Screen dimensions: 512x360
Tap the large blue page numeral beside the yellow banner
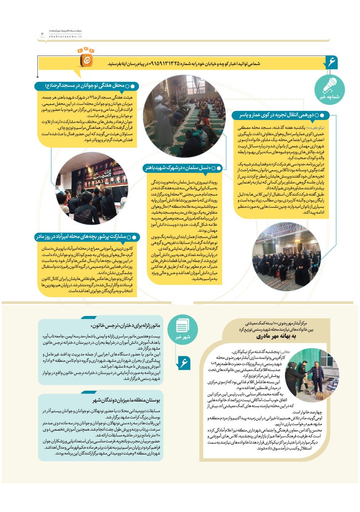[x=331, y=63]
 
